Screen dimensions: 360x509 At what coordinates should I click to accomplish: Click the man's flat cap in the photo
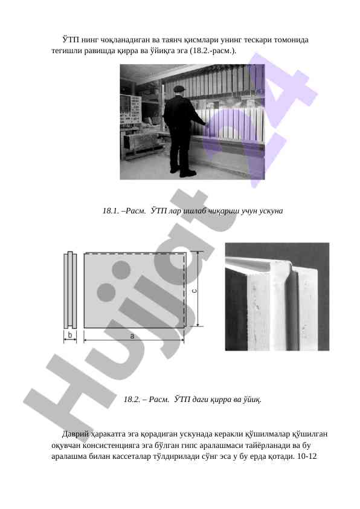pyautogui.click(x=179, y=88)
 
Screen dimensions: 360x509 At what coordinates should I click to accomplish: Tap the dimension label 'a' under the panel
pyautogui.click(x=132, y=336)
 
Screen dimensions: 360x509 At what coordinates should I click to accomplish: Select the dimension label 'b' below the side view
pyautogui.click(x=70, y=335)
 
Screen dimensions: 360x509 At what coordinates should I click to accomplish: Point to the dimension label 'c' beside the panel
pyautogui.click(x=194, y=291)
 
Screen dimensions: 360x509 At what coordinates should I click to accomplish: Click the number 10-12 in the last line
pyautogui.click(x=306, y=456)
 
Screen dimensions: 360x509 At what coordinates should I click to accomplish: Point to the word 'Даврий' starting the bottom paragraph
pyautogui.click(x=76, y=433)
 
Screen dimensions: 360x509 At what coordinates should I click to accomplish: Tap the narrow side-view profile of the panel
pyautogui.click(x=70, y=290)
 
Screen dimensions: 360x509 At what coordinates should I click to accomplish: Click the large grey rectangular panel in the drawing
pyautogui.click(x=135, y=290)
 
